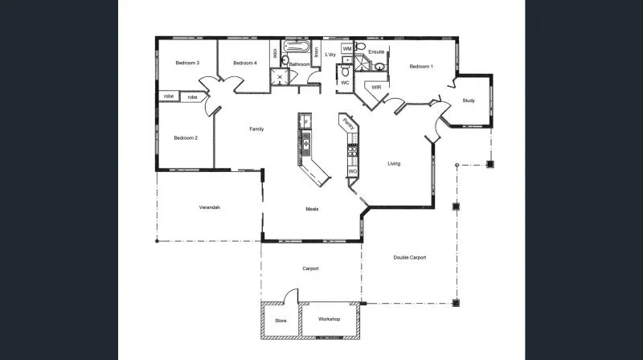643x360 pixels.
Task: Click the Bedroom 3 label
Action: [x=188, y=63]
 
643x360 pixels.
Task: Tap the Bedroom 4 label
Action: [x=244, y=63]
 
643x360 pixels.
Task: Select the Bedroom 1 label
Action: [x=420, y=67]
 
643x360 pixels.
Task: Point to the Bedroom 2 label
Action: [x=186, y=138]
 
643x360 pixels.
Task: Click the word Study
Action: [x=469, y=100]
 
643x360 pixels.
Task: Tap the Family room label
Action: [x=256, y=129]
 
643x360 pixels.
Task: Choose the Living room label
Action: [x=394, y=164]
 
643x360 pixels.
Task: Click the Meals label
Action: [x=313, y=209]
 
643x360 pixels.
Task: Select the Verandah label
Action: [x=210, y=207]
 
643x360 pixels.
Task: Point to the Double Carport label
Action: [x=409, y=257]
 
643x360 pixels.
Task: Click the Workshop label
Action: [x=329, y=320]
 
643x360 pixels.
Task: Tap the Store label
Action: [x=281, y=321]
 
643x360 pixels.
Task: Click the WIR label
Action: [x=375, y=86]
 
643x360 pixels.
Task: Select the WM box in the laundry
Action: [x=347, y=49]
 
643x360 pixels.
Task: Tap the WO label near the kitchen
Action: [x=352, y=171]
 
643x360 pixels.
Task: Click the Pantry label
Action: [x=347, y=124]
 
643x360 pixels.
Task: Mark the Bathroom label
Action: [x=300, y=63]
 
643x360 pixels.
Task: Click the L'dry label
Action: [x=330, y=55]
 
